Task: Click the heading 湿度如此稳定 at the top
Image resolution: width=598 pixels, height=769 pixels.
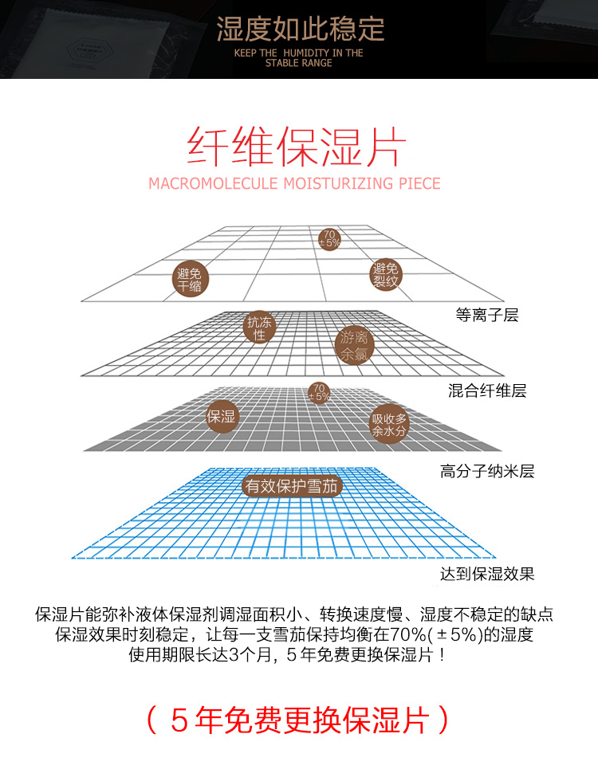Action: click(300, 29)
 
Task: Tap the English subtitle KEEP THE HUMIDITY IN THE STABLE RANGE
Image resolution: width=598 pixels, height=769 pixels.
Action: click(299, 58)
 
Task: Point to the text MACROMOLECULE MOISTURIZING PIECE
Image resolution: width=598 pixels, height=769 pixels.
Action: click(294, 183)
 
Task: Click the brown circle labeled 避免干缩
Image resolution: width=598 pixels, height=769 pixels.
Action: click(190, 279)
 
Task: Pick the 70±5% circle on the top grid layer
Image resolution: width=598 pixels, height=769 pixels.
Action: click(329, 238)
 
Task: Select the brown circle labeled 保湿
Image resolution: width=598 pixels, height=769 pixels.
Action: click(222, 416)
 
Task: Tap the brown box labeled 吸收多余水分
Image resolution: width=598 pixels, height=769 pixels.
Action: click(389, 425)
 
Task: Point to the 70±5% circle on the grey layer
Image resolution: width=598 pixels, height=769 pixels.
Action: click(319, 391)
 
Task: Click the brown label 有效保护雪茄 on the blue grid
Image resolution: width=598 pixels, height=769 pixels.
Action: click(292, 486)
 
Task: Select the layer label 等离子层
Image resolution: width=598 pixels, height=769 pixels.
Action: click(486, 315)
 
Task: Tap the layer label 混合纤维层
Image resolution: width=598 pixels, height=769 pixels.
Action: click(487, 390)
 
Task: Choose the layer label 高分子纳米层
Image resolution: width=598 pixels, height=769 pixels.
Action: click(486, 471)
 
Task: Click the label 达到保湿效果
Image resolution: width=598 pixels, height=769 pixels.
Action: click(486, 574)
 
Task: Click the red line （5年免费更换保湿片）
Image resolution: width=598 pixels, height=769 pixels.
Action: click(298, 720)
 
